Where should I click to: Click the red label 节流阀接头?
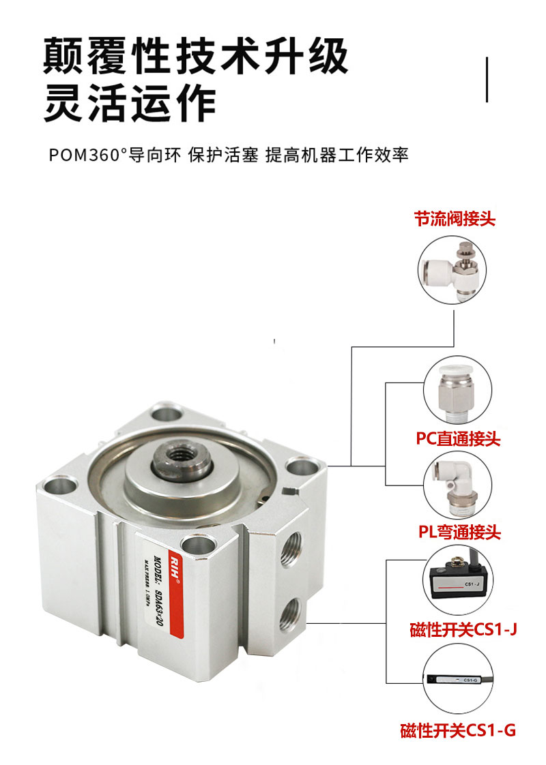[455, 219]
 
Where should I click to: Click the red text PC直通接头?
[458, 438]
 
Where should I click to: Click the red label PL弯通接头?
[459, 531]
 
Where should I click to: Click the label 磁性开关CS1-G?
[458, 732]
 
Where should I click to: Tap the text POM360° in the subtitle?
[89, 155]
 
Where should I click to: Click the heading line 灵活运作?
[130, 104]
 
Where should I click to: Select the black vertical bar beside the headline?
[487, 80]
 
